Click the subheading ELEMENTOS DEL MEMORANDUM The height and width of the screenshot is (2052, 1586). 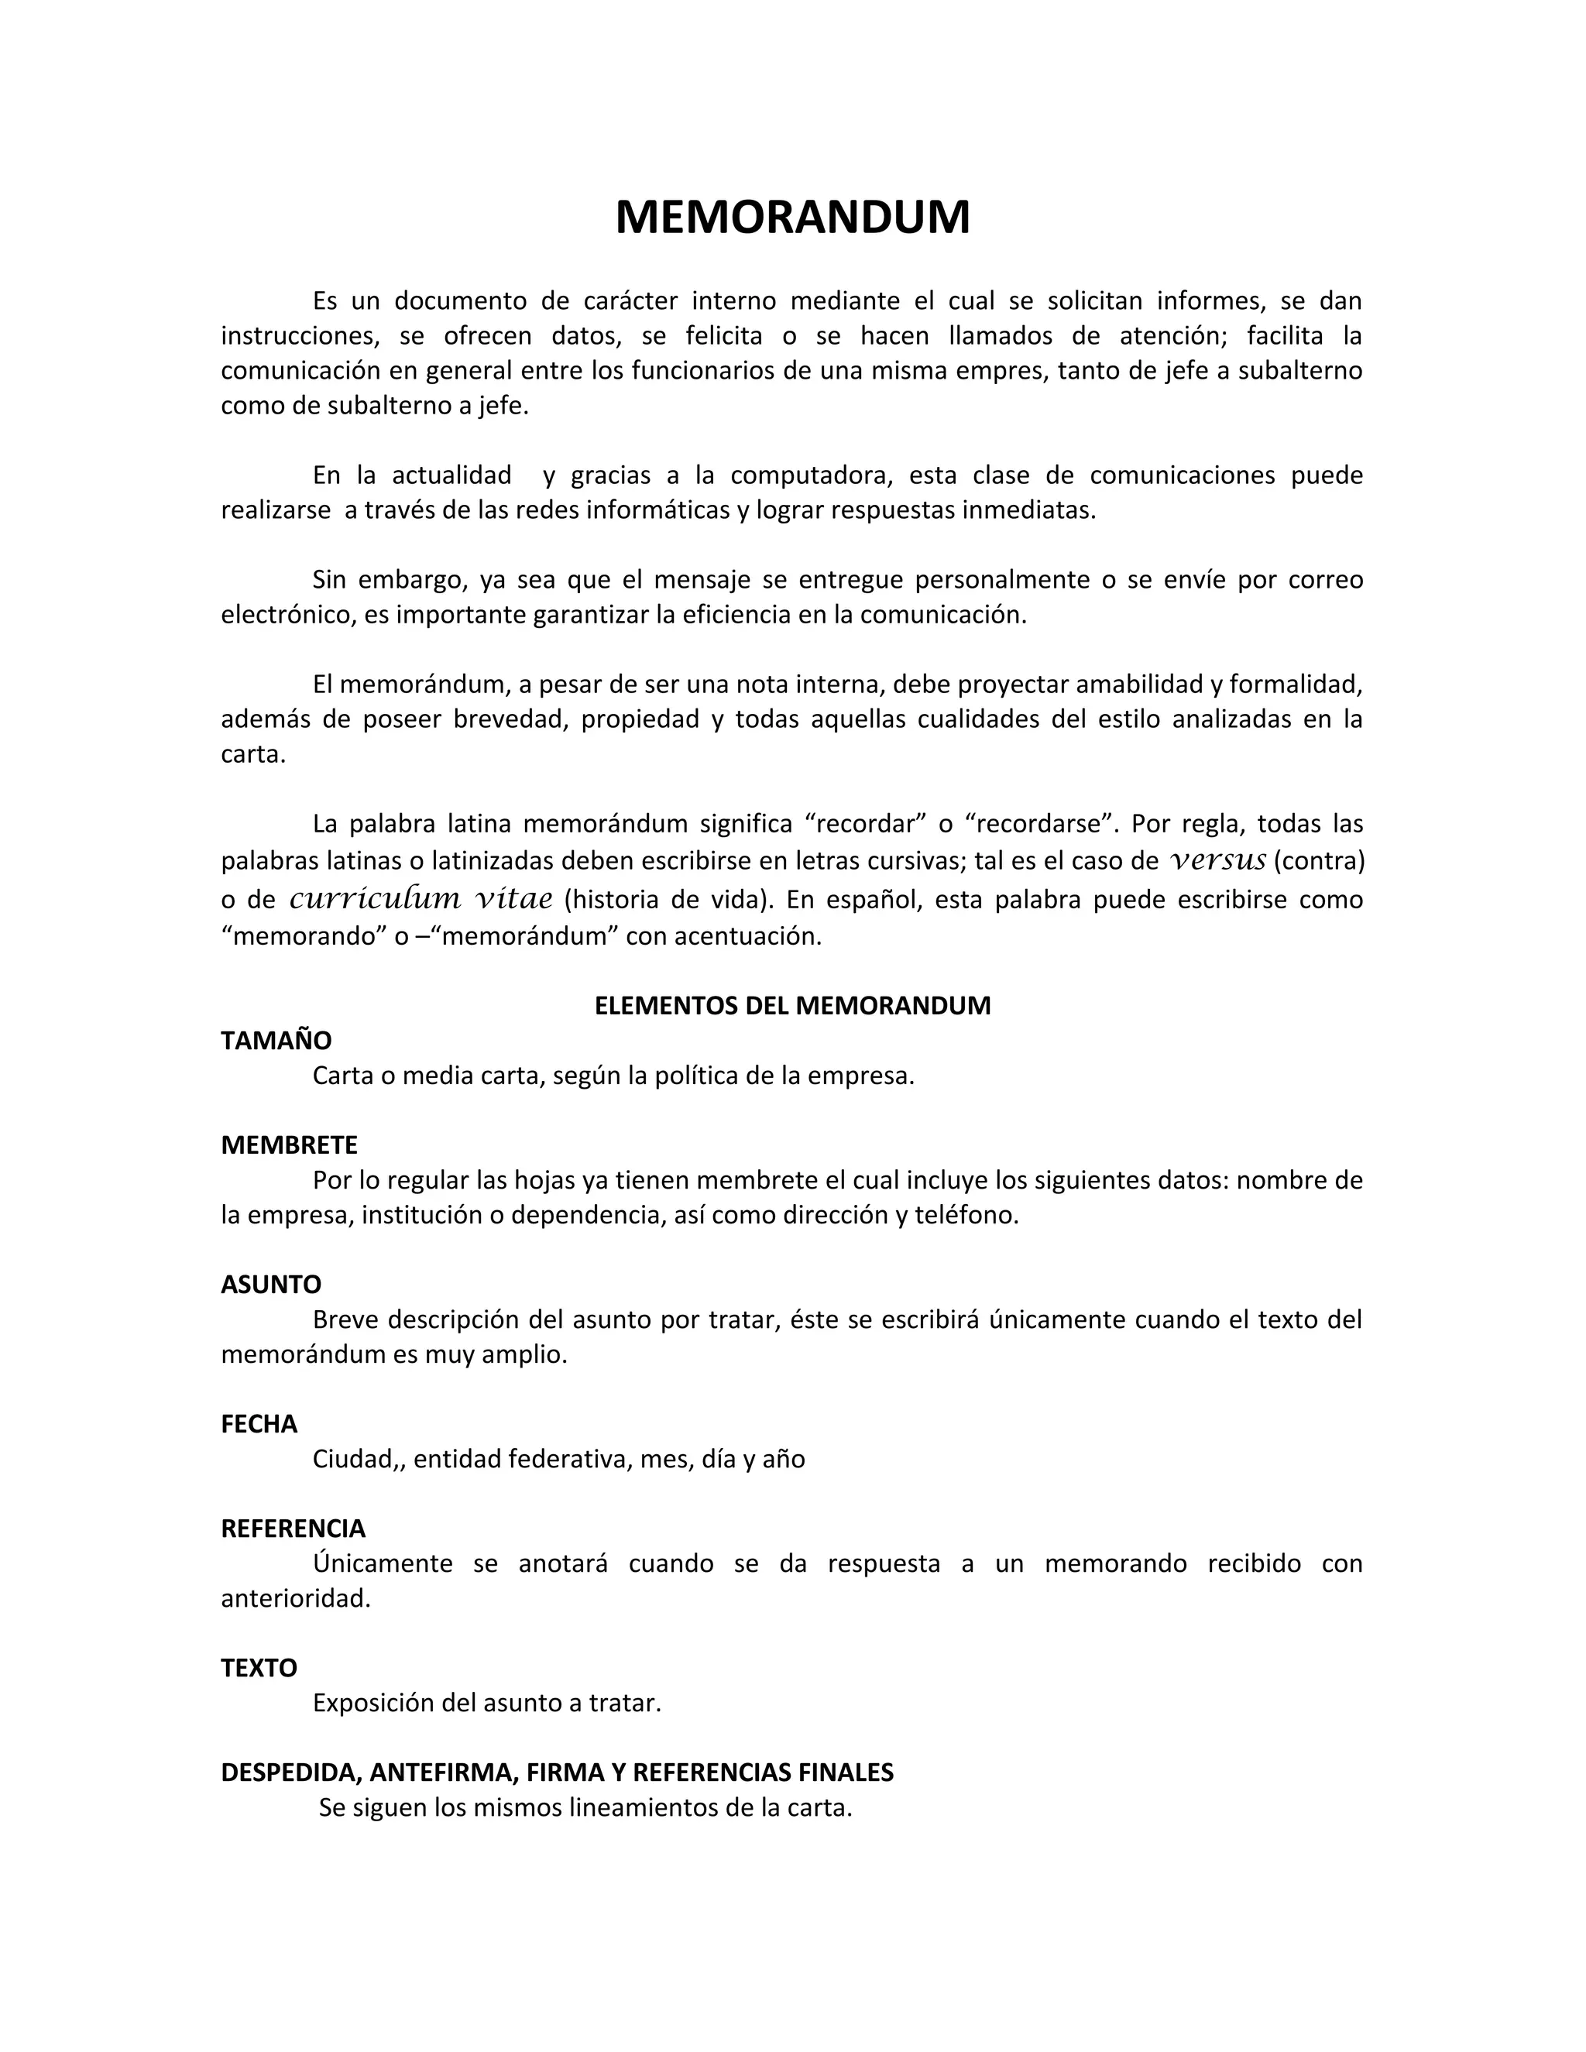coord(792,1005)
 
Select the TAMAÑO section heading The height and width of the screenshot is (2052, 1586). coord(276,1040)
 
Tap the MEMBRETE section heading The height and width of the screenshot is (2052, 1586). coord(290,1144)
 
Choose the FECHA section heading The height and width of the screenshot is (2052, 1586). coord(259,1423)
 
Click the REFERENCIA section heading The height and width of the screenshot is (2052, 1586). coord(294,1529)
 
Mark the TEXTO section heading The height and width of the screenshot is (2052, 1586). coord(259,1668)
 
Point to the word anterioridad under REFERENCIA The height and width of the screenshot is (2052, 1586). coord(295,1598)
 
